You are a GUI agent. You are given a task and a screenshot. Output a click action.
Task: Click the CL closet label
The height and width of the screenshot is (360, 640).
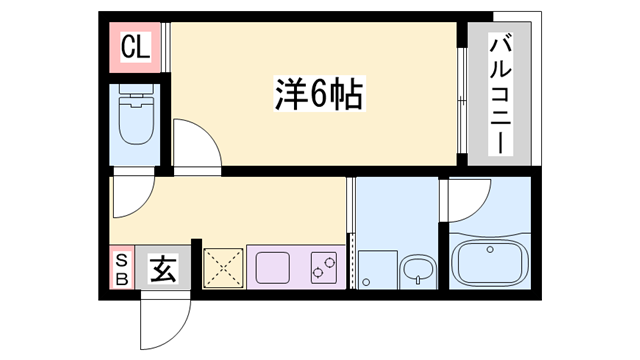pyautogui.click(x=136, y=47)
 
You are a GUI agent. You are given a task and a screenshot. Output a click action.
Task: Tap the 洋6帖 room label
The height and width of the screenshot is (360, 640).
pyautogui.click(x=319, y=94)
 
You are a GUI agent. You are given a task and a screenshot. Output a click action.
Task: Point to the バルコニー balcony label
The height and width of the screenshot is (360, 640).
pyautogui.click(x=500, y=95)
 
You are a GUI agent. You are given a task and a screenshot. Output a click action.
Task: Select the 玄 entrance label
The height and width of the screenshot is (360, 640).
pyautogui.click(x=163, y=268)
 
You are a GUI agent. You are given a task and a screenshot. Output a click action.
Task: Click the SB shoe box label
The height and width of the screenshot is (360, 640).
pyautogui.click(x=122, y=269)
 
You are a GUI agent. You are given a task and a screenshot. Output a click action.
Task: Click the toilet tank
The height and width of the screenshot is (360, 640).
pyautogui.click(x=136, y=90)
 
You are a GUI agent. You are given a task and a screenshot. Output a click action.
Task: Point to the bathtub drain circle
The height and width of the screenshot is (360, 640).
pyautogui.click(x=490, y=249)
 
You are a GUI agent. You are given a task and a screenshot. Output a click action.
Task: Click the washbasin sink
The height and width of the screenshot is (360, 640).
pyautogui.click(x=418, y=271)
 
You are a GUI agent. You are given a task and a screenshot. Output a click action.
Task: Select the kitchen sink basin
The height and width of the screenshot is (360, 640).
pyautogui.click(x=273, y=267)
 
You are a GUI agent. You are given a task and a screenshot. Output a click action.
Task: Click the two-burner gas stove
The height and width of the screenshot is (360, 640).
pyautogui.click(x=324, y=267)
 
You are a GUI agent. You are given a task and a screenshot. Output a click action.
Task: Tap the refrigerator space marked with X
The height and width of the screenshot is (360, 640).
pyautogui.click(x=223, y=268)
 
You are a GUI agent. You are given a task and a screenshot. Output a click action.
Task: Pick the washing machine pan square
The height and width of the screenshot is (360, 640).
pyautogui.click(x=378, y=269)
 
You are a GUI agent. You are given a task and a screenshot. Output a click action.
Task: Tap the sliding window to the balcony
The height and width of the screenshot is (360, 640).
pyautogui.click(x=462, y=100)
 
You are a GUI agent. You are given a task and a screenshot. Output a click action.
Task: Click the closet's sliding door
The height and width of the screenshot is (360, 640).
pyautogui.click(x=165, y=47)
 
